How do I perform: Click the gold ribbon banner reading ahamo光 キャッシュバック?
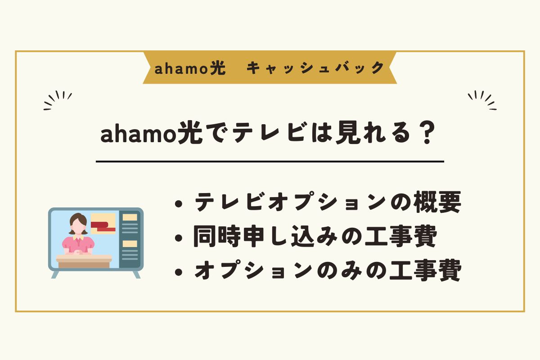[270, 67]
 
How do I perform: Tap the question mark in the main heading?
[427, 133]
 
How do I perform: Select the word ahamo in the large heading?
[137, 134]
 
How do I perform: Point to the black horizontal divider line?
[270, 161]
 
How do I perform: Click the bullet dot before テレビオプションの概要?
[178, 204]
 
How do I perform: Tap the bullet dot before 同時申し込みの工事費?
[178, 238]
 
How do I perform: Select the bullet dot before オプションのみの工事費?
[178, 272]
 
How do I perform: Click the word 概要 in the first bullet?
[437, 202]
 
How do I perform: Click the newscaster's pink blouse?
[78, 244]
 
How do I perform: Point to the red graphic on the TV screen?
[103, 227]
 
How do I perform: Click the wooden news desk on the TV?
[84, 261]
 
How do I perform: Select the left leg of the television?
[55, 274]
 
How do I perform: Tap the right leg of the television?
[137, 274]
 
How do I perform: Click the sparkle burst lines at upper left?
[58, 100]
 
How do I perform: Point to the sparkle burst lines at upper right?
[482, 100]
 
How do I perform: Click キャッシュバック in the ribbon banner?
[315, 67]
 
